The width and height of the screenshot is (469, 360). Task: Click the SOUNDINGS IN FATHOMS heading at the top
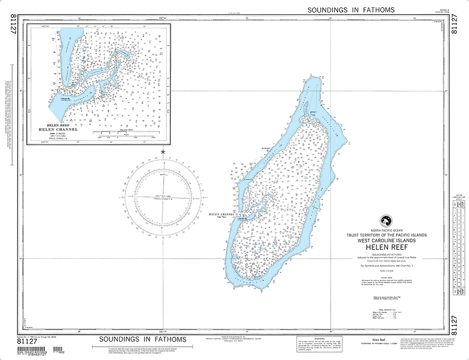point(351,9)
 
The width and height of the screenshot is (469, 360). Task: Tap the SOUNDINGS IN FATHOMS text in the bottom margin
point(142,339)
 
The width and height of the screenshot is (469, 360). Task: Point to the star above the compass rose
point(163,152)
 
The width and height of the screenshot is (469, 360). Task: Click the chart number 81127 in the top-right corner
point(453,28)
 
